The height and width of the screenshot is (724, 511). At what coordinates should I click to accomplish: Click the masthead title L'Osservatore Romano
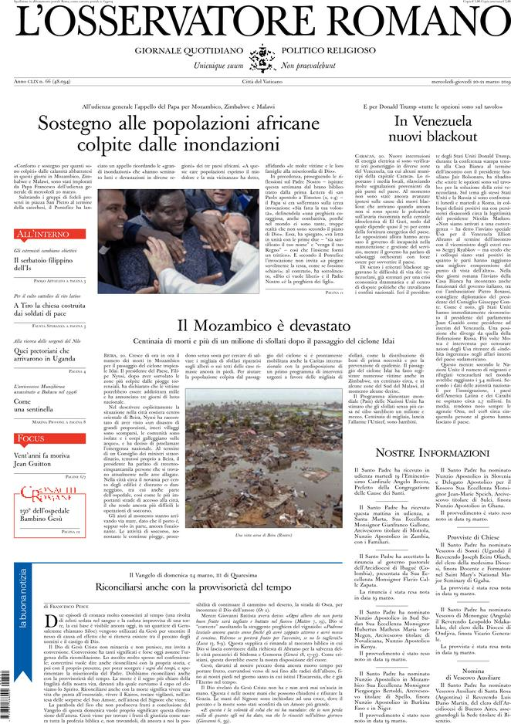click(255, 21)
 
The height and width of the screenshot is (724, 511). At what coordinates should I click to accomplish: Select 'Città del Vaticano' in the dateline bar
click(255, 81)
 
